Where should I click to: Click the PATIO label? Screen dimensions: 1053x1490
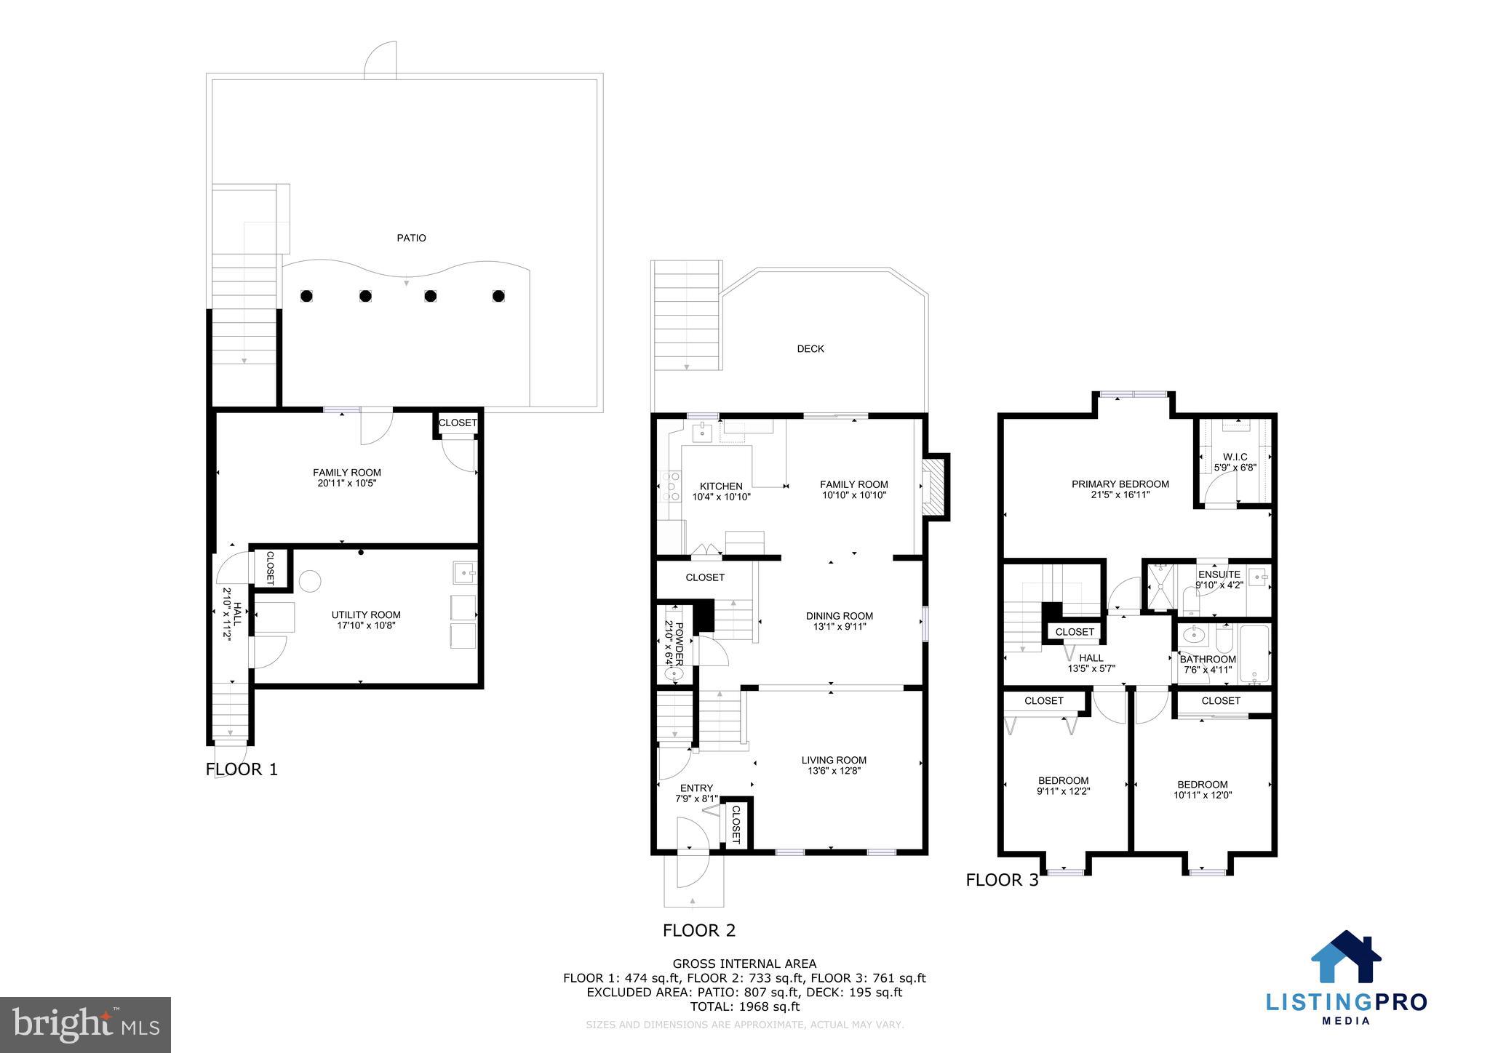coord(411,238)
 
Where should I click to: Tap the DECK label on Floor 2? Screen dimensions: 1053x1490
coord(810,349)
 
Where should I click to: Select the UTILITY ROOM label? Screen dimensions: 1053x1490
coord(365,614)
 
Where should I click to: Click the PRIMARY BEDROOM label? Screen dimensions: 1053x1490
coord(1120,484)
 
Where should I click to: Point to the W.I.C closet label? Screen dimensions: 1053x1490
coord(1235,457)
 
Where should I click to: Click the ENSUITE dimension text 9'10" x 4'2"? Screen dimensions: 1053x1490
coord(1219,585)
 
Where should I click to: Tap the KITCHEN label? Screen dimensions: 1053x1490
coord(720,487)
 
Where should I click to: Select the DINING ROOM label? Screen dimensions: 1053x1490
coord(839,616)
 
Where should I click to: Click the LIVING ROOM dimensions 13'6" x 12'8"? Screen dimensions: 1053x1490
coord(834,771)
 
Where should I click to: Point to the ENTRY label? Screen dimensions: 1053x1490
coord(696,788)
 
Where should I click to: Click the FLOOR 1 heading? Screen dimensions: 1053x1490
coord(242,769)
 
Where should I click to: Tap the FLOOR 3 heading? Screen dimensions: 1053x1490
coord(1002,880)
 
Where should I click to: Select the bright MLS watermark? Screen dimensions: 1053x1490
coord(85,1025)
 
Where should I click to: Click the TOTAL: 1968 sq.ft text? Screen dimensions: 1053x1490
coord(744,1006)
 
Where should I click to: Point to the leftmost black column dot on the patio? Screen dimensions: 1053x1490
coord(306,296)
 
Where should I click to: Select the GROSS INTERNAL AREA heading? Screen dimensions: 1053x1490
coord(744,964)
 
